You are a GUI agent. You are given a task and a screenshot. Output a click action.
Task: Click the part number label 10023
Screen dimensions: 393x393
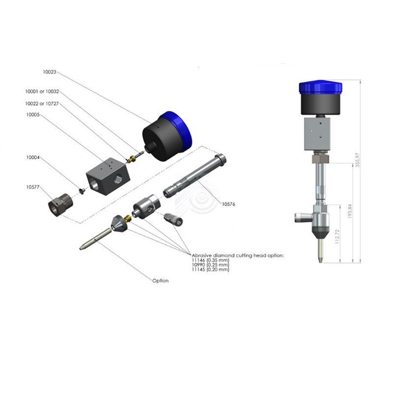(50, 72)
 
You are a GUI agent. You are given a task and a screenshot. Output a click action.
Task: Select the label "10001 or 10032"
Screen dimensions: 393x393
(42, 91)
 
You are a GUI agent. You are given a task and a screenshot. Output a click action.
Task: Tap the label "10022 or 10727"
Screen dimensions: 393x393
(42, 104)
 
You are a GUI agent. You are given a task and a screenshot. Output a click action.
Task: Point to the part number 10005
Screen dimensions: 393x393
(33, 114)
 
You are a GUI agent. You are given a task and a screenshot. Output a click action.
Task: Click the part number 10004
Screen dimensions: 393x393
(33, 157)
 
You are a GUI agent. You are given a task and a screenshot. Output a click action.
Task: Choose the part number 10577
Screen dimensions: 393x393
(33, 187)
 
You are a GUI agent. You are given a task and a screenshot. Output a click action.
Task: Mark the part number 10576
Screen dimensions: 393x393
(228, 204)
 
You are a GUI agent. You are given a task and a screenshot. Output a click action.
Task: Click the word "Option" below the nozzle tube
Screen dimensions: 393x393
(161, 281)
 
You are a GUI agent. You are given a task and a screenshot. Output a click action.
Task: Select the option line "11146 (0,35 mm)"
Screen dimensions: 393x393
(211, 260)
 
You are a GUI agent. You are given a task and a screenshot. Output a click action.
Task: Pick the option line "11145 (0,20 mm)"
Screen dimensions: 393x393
(211, 269)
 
